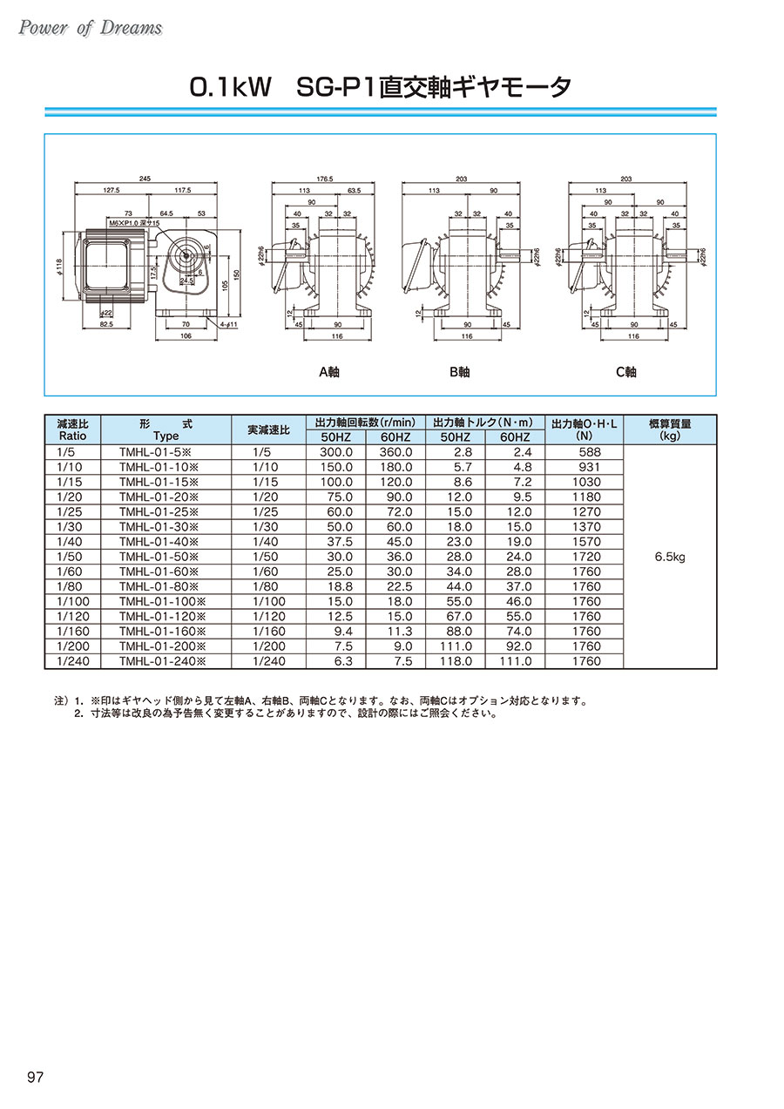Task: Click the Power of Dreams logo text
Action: click(90, 28)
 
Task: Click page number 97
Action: click(36, 1078)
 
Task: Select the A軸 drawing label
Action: click(328, 372)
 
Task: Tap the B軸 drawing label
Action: click(459, 372)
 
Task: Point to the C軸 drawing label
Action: click(626, 372)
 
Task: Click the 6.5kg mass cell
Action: click(670, 557)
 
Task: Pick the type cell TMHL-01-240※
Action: click(162, 661)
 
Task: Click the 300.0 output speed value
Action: click(335, 452)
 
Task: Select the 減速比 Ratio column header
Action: click(72, 429)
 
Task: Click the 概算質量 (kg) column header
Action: click(670, 429)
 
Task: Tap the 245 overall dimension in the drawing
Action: click(145, 178)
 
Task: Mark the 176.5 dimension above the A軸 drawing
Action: click(324, 178)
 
